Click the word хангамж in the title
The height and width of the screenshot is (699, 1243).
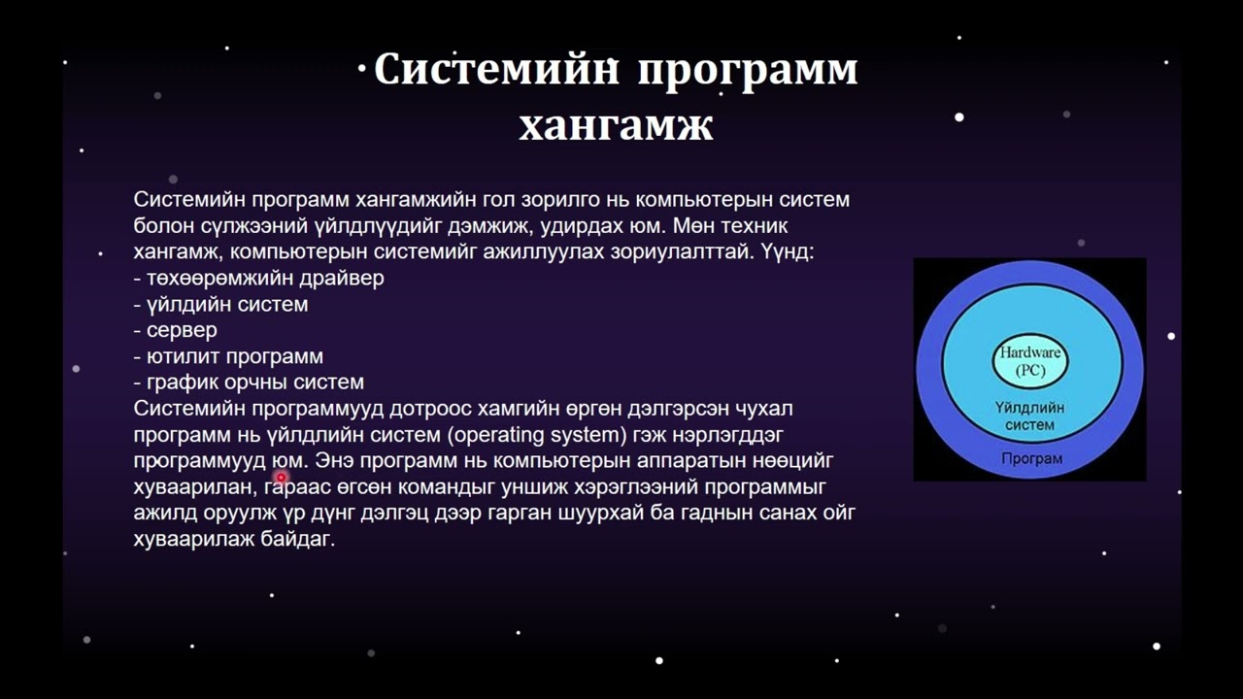pyautogui.click(x=616, y=126)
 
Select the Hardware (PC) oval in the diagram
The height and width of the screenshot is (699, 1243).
pyautogui.click(x=1030, y=360)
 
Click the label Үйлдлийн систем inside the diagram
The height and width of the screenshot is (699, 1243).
pyautogui.click(x=1030, y=416)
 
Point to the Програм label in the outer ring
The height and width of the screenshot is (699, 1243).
pyautogui.click(x=1031, y=459)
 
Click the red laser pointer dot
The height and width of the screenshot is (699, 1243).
pyautogui.click(x=282, y=477)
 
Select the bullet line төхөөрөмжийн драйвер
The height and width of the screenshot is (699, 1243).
pyautogui.click(x=258, y=278)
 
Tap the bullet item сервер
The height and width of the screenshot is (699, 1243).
pyautogui.click(x=176, y=331)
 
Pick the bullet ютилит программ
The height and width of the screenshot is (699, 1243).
pyautogui.click(x=228, y=356)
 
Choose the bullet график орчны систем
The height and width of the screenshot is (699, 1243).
pyautogui.click(x=249, y=383)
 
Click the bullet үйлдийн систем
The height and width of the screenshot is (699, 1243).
pyautogui.click(x=220, y=305)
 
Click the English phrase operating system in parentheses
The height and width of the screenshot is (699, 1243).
pyautogui.click(x=537, y=435)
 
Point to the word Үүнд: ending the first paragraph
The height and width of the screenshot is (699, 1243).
pyautogui.click(x=788, y=251)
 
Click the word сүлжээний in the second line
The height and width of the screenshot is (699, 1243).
pyautogui.click(x=254, y=226)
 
